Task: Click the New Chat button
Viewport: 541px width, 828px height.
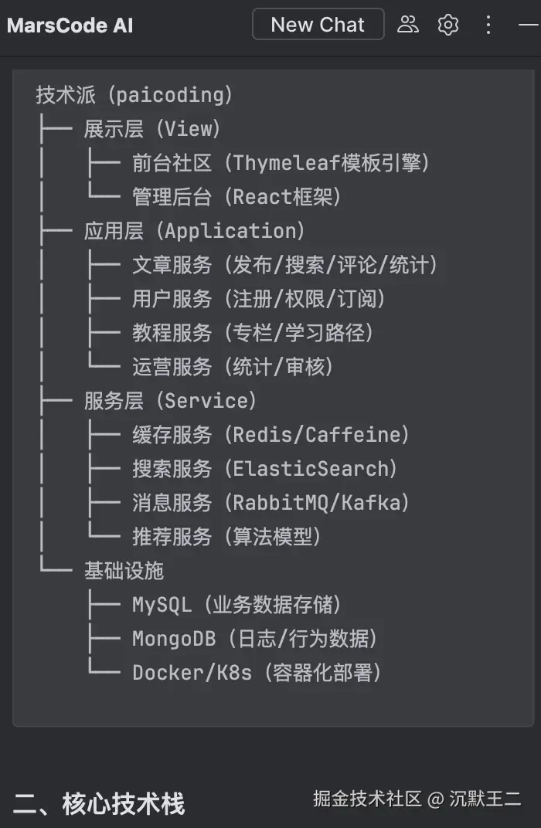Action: click(x=318, y=25)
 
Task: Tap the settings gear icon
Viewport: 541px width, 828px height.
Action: click(x=448, y=25)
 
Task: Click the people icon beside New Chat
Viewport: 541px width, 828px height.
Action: click(x=407, y=25)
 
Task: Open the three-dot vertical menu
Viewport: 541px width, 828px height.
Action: click(x=488, y=25)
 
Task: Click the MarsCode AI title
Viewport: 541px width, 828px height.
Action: click(x=70, y=25)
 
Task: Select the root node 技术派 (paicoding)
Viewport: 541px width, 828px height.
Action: click(x=134, y=95)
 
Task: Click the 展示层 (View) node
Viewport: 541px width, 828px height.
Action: click(x=152, y=129)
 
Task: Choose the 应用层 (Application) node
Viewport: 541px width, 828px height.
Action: click(x=195, y=231)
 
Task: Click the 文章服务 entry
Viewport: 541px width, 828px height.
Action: click(x=172, y=265)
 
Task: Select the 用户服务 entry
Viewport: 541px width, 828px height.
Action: click(x=172, y=299)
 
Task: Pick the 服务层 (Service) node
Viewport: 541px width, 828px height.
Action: click(x=170, y=401)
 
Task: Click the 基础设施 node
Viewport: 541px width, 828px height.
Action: click(x=124, y=571)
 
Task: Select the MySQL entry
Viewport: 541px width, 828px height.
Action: click(x=162, y=605)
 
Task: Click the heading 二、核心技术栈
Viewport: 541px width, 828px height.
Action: click(x=99, y=804)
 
